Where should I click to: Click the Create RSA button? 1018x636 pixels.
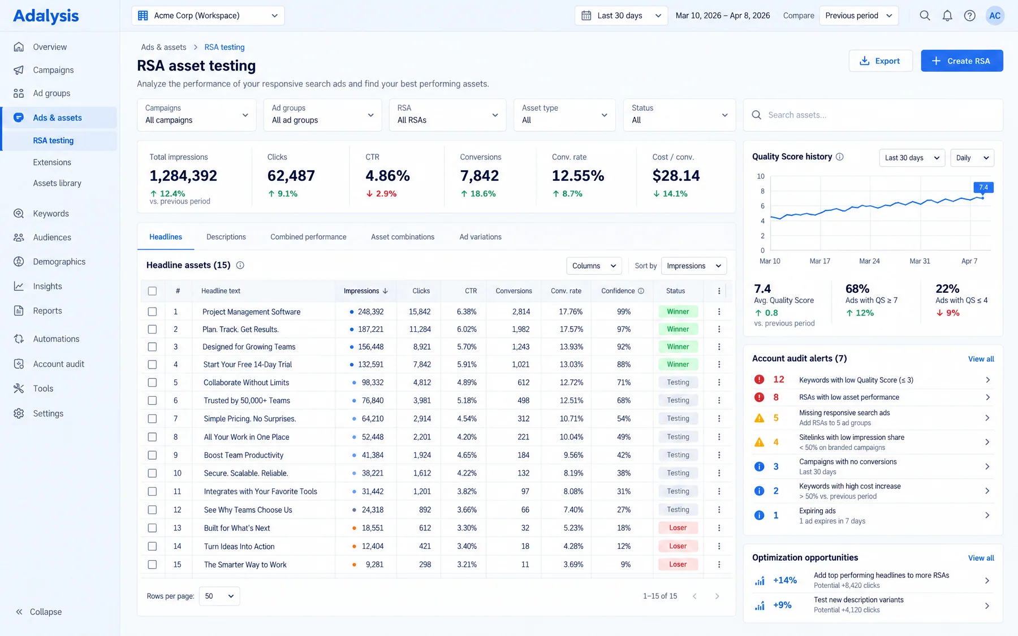961,61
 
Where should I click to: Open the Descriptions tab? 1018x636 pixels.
226,237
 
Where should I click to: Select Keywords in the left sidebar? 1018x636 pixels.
51,214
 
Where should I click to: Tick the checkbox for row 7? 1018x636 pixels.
152,419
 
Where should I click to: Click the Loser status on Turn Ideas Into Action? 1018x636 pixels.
678,546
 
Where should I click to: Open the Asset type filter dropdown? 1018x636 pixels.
564,115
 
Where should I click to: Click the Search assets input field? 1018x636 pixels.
873,115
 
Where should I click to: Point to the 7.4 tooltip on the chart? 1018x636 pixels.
984,187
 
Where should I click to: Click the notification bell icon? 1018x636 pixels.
947,16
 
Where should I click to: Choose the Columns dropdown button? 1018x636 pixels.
594,266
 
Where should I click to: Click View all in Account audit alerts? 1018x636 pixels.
981,359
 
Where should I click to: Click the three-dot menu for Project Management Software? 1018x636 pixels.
719,311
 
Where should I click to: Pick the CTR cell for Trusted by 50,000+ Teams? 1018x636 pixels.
467,401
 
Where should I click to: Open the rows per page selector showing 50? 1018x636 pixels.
219,596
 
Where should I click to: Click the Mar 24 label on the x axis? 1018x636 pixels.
869,261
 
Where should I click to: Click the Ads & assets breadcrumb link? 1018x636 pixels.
163,47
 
